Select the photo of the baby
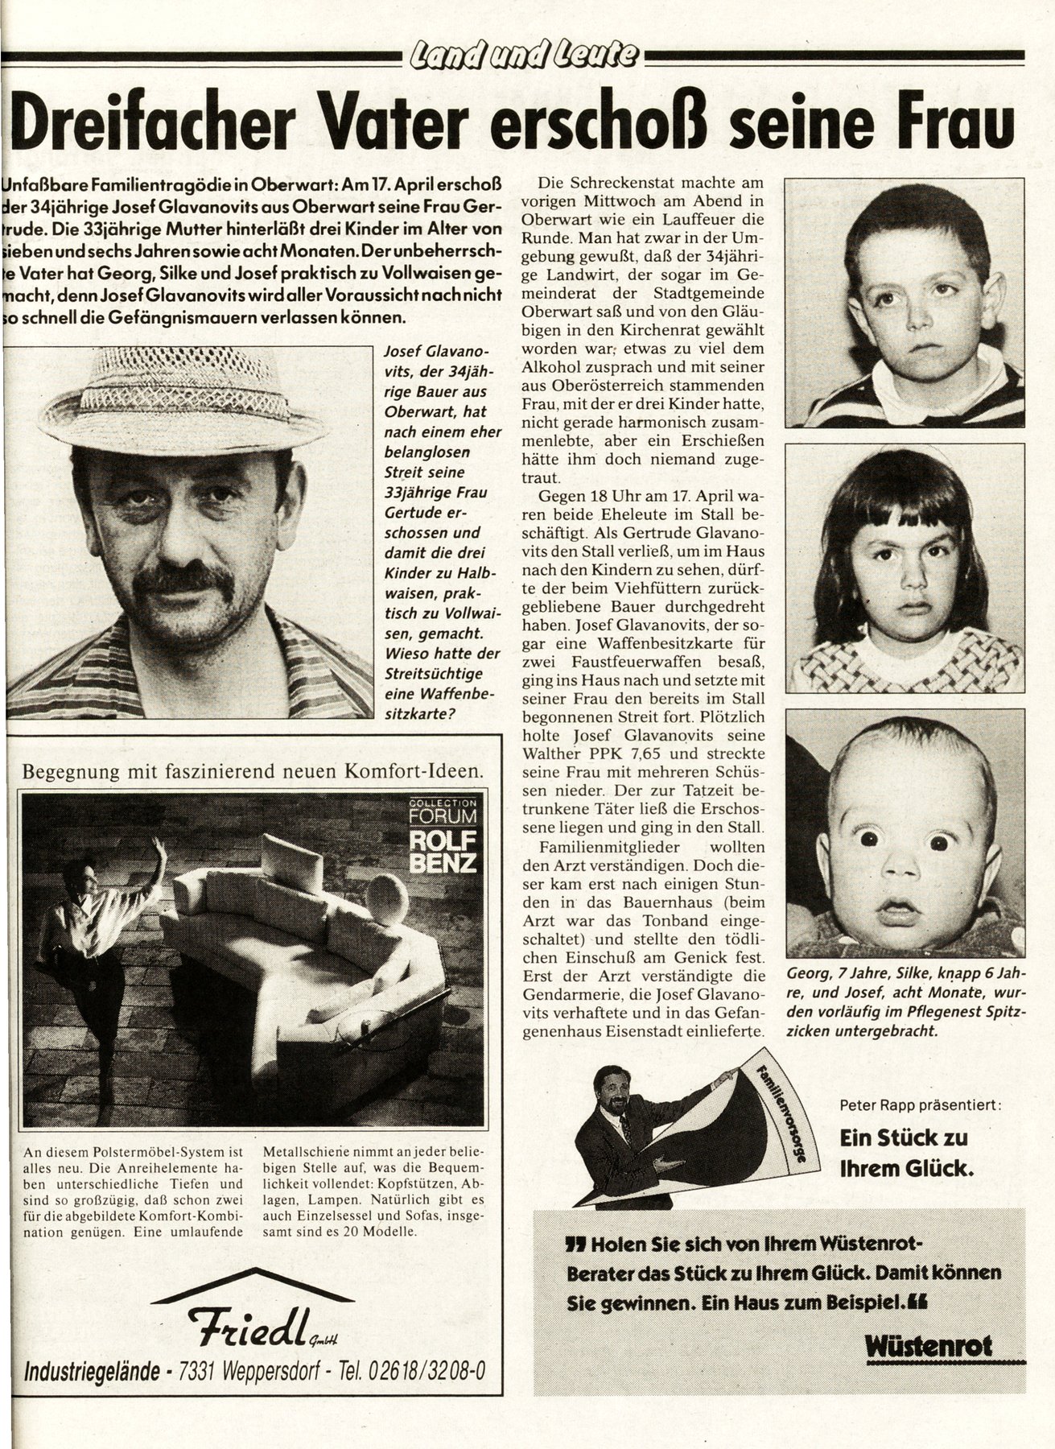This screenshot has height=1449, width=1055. (x=905, y=832)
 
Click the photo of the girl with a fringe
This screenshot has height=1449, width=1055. (x=905, y=568)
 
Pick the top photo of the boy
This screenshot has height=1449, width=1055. (x=905, y=302)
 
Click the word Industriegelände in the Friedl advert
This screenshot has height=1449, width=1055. (x=91, y=1368)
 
